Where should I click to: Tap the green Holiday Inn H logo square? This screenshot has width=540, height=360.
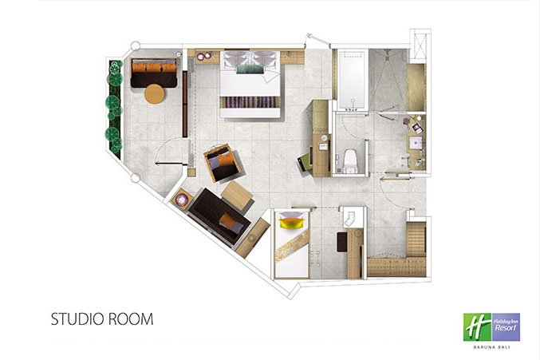tap(477, 327)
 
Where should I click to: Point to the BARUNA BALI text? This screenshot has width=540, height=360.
tap(491, 347)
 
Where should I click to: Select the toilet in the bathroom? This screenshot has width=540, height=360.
tap(350, 160)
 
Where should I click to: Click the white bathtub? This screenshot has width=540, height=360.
tap(352, 81)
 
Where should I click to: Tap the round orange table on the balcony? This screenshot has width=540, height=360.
tap(155, 93)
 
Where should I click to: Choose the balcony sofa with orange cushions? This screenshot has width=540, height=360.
tap(154, 73)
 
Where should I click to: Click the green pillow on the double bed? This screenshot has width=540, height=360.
tap(250, 69)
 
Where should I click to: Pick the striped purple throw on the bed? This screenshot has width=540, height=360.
tap(250, 102)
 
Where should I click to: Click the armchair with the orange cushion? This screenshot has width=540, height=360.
tap(222, 163)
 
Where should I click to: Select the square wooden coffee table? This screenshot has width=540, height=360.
tap(237, 196)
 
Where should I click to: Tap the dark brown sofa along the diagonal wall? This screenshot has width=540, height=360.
tap(219, 216)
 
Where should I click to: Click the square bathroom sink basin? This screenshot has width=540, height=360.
tap(416, 143)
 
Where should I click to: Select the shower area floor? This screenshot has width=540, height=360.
tap(387, 80)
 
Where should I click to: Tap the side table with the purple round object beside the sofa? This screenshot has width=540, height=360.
tap(182, 199)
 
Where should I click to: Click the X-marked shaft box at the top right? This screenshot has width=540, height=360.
tap(420, 45)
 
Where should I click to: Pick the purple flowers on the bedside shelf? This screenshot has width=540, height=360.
tap(204, 55)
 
